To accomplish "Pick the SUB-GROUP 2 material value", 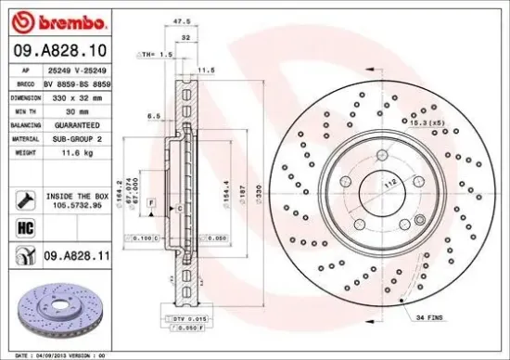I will [75, 137].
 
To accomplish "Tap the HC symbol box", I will [25, 225].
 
